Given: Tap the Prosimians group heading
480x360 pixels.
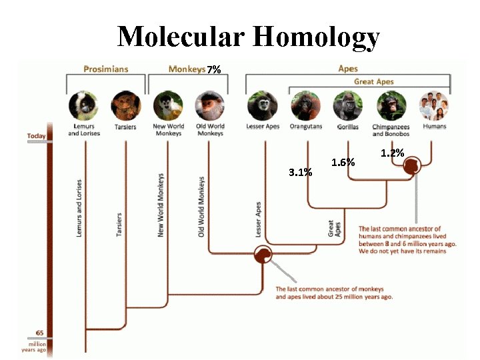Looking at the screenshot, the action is point(105,69).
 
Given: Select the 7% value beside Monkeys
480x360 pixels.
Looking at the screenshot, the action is point(214,69).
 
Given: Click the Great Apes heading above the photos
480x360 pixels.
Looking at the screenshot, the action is point(373,81).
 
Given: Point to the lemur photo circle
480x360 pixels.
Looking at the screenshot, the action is point(82,105).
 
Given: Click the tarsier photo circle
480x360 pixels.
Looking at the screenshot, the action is point(124,105).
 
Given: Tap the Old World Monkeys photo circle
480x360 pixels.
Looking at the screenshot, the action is point(209,105).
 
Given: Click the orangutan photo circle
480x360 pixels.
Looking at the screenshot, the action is point(305,105).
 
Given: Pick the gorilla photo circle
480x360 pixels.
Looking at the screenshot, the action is point(348,105).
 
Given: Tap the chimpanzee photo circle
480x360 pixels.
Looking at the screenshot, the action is point(391,105).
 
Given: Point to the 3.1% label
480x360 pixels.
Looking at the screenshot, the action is point(300,173).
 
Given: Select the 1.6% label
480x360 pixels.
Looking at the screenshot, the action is point(343,162).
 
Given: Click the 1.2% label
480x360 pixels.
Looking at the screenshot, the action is point(393,153).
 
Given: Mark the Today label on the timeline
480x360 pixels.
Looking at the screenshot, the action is point(37,136).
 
